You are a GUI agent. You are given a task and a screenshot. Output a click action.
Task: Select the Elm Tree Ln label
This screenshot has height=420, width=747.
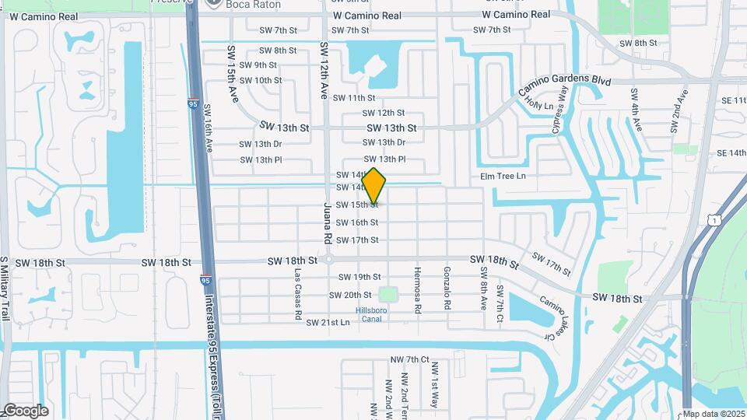pos(503,177)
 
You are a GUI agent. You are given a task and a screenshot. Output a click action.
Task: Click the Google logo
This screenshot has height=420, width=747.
pos(26,410)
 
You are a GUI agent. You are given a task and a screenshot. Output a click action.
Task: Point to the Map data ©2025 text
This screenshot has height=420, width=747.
pos(714,414)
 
